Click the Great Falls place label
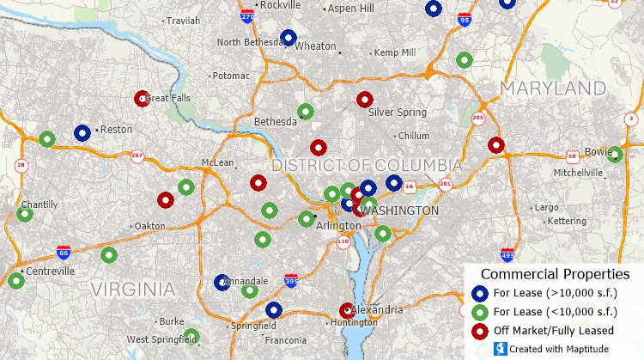[170, 99]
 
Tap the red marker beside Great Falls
[143, 99]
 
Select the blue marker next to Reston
[82, 133]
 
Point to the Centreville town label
[51, 272]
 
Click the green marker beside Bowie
[615, 155]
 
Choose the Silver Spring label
[397, 113]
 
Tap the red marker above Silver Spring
[365, 100]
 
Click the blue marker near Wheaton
[289, 38]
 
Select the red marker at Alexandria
[347, 310]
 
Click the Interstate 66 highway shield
[64, 252]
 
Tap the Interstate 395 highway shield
[292, 280]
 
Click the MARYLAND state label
[553, 88]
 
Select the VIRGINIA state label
[133, 290]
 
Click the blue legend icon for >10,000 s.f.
[480, 293]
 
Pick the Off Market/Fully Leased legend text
[554, 331]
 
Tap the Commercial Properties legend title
[555, 274]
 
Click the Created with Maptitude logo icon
[499, 349]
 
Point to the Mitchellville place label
[578, 173]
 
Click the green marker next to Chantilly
[25, 214]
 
